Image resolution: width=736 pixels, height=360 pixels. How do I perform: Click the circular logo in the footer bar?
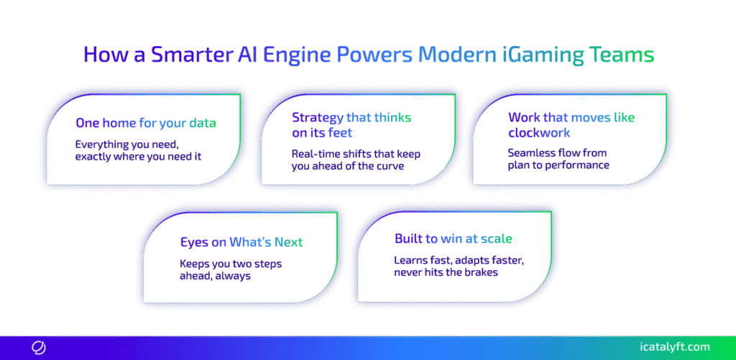(x=39, y=348)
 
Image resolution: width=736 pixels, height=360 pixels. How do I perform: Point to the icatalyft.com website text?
(x=675, y=347)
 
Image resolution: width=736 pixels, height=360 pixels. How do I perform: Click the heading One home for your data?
(x=146, y=124)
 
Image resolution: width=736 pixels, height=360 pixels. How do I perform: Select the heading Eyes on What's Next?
(x=241, y=242)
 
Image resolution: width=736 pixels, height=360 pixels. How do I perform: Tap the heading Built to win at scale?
(x=453, y=239)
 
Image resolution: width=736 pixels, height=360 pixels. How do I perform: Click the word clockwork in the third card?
(x=539, y=133)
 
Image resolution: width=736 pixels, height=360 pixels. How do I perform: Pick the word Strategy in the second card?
(x=317, y=118)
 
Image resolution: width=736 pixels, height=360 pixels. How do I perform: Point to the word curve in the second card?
(x=391, y=166)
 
